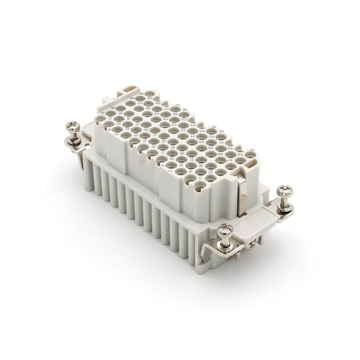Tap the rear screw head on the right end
coord(284,191)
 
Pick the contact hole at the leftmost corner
coord(100,121)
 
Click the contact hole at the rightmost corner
coord(249,155)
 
